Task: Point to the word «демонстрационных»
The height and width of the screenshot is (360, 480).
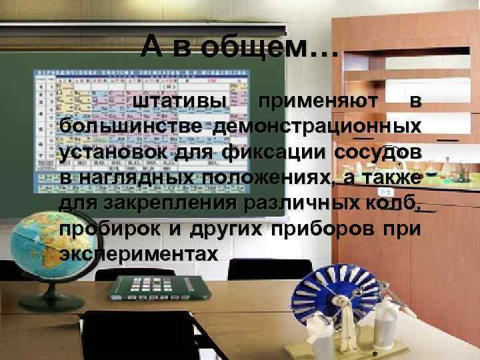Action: coord(317,127)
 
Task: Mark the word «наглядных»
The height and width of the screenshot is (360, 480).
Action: coord(132,178)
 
